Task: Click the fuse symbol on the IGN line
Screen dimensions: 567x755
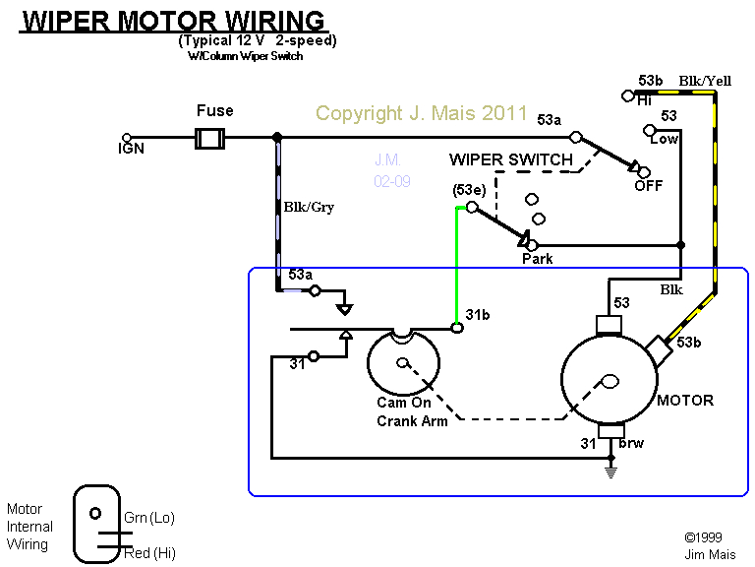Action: pos(209,138)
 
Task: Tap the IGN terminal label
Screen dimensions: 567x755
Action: pos(131,150)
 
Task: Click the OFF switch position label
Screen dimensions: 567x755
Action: pos(648,185)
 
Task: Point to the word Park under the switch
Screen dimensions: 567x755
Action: pos(537,259)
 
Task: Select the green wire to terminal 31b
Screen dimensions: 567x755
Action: pos(456,266)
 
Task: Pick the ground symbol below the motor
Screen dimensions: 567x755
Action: pos(610,472)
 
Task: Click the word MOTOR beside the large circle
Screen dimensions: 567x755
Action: pos(684,401)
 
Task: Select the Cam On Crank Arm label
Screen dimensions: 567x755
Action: pos(412,412)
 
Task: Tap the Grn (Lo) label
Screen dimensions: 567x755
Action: pos(148,518)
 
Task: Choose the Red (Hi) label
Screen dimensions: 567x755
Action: pos(149,553)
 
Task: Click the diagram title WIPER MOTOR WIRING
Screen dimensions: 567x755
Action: pos(173,21)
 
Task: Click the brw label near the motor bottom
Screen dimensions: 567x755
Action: pos(631,444)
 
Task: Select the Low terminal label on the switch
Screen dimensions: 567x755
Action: pos(665,139)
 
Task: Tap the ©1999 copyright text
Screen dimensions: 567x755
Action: pos(705,537)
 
